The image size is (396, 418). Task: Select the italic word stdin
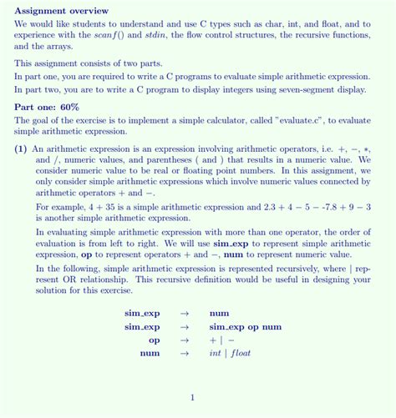157,36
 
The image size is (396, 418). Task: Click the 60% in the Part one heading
69,107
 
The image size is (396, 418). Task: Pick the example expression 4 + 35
103,206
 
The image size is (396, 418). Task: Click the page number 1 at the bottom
192,397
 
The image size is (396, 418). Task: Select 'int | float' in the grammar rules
230,353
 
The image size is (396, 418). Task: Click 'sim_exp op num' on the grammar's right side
245,326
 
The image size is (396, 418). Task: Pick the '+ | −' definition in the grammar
221,340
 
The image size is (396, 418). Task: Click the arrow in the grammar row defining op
185,340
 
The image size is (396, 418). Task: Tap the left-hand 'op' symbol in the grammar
154,340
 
